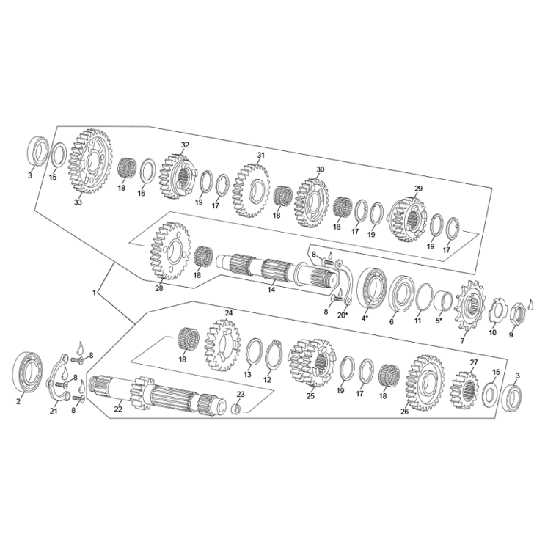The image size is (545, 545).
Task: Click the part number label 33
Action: (x=78, y=202)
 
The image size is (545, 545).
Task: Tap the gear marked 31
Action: (x=252, y=190)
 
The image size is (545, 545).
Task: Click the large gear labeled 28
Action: (x=169, y=251)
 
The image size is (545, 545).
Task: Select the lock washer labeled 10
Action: (x=497, y=312)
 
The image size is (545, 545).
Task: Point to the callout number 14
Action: (x=271, y=290)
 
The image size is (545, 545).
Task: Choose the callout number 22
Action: (x=118, y=409)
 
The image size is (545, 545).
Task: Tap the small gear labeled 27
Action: (x=464, y=387)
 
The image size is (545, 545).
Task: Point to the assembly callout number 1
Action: (x=95, y=293)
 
